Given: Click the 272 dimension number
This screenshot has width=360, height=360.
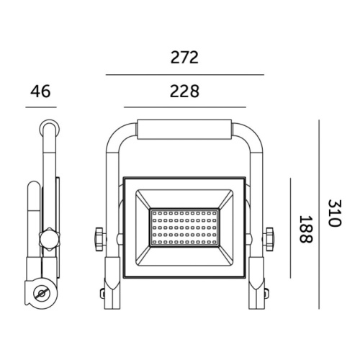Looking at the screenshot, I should tap(184, 58).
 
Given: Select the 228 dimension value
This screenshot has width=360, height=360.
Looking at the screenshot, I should tap(184, 91).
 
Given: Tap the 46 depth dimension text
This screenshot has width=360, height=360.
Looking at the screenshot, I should tap(40, 91).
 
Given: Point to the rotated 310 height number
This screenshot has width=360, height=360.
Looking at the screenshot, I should tap(332, 213).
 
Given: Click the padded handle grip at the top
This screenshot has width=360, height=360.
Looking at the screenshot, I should tap(184, 132).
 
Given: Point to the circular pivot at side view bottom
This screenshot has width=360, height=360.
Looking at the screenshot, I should tap(41, 294).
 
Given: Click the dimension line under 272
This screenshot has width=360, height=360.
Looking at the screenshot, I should tap(184, 74).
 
